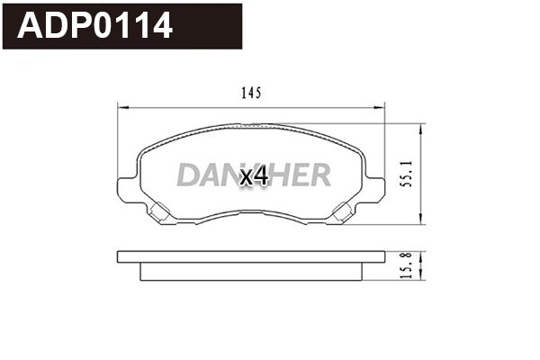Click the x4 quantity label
click(255, 176)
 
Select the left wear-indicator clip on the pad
click(160, 213)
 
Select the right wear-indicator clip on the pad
click(343, 213)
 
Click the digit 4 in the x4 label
click(262, 176)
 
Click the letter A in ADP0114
click(31, 26)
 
